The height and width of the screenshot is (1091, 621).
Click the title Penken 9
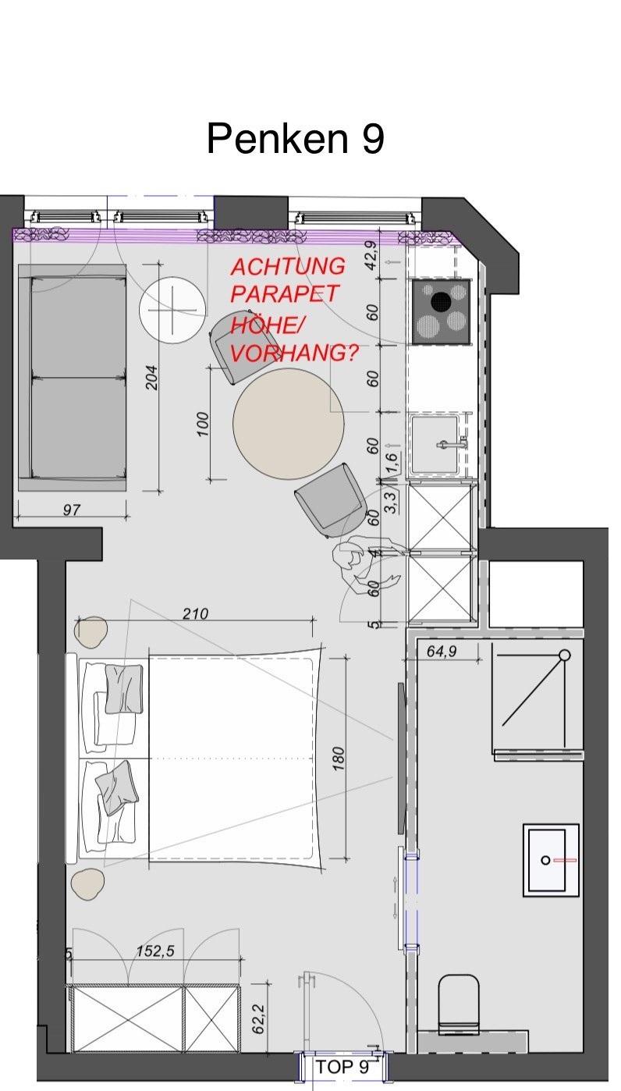[295, 138]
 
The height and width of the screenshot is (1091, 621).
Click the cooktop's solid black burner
[442, 300]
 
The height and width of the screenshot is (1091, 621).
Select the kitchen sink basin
[435, 444]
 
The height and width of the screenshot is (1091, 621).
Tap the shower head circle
[565, 655]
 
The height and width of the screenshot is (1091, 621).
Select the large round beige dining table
[289, 423]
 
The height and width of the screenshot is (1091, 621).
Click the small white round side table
[172, 311]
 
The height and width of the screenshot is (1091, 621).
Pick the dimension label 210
[195, 613]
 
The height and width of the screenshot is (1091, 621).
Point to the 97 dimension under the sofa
[72, 510]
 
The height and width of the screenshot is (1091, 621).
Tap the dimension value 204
[152, 378]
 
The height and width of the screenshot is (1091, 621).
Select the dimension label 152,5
[155, 951]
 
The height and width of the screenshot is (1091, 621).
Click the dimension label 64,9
[442, 651]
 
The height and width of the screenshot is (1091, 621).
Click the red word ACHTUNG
[288, 266]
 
